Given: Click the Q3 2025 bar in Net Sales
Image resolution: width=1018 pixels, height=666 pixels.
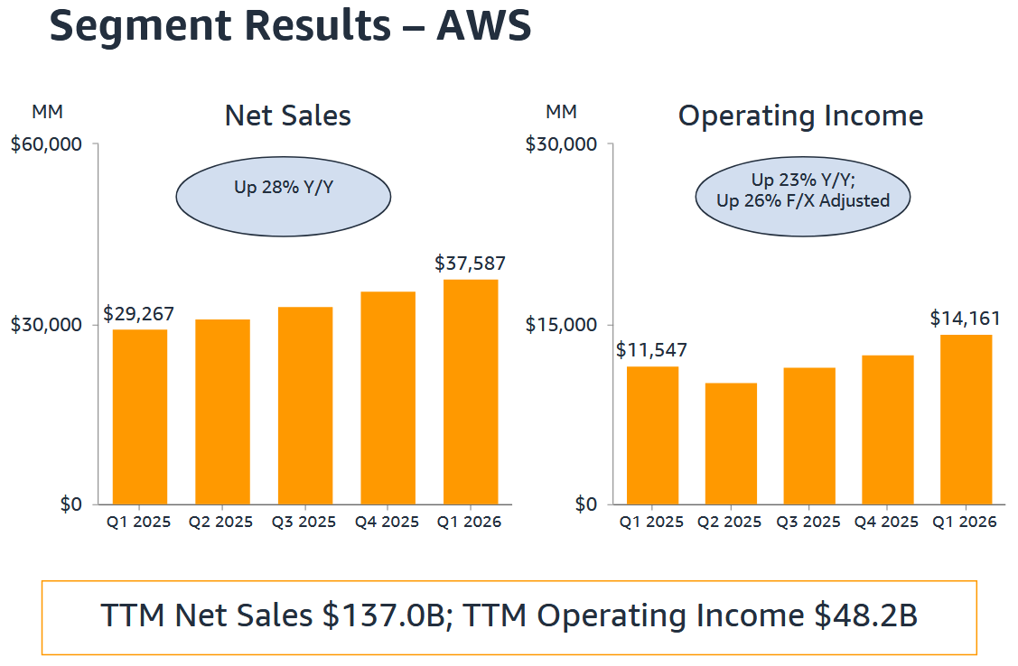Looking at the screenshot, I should pos(305,406).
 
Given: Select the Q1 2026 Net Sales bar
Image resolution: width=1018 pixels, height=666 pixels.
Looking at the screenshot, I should pos(471,393).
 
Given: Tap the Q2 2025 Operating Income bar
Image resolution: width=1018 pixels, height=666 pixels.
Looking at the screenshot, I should pos(731,444).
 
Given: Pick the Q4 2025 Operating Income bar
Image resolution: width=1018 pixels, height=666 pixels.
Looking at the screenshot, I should pos(887,430).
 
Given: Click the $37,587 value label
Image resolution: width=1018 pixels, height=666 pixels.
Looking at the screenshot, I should pos(470,264).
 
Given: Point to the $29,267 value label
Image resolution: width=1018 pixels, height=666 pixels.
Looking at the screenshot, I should pos(138,314).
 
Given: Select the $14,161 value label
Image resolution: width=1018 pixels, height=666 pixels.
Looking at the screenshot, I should pos(965,319).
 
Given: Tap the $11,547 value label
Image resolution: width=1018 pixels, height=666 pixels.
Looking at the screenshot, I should pos(651,350).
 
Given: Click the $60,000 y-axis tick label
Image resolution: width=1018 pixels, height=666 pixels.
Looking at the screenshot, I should pos(46,144).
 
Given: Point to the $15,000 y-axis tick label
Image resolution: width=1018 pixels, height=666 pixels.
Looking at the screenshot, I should pos(561,325).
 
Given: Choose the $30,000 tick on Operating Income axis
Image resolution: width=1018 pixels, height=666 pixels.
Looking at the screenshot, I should pos(561,144).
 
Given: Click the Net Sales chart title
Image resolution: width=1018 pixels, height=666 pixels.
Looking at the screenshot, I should pos(287,116).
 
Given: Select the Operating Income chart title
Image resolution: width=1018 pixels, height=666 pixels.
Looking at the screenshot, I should pos(800,116).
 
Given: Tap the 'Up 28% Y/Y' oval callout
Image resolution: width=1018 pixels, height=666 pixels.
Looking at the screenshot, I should pos(283,190).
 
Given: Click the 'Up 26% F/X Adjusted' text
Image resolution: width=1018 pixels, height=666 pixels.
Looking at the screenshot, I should pos(803,201).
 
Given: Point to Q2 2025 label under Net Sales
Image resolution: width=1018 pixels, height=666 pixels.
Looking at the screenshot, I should pos(220,523).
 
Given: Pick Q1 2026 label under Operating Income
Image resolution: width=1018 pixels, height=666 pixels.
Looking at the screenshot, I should pos(965,523).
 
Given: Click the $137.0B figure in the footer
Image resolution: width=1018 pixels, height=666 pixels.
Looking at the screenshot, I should pos(381,616).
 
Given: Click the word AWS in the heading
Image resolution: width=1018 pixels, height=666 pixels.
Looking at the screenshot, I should pos(484,26).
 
